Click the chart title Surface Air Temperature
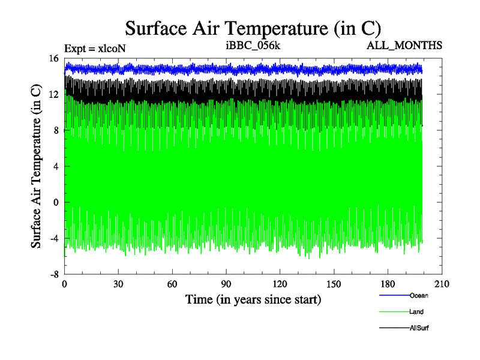253,28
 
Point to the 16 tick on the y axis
53,58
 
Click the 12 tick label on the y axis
53,94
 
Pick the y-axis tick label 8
55,130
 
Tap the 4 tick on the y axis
55,166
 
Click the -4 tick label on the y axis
53,238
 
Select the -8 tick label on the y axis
53,274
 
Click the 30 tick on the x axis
118,284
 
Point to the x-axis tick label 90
226,284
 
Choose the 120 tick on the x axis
280,284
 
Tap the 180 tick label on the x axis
388,284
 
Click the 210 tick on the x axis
442,284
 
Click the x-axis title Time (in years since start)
253,299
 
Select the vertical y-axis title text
36,166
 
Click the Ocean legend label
419,295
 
